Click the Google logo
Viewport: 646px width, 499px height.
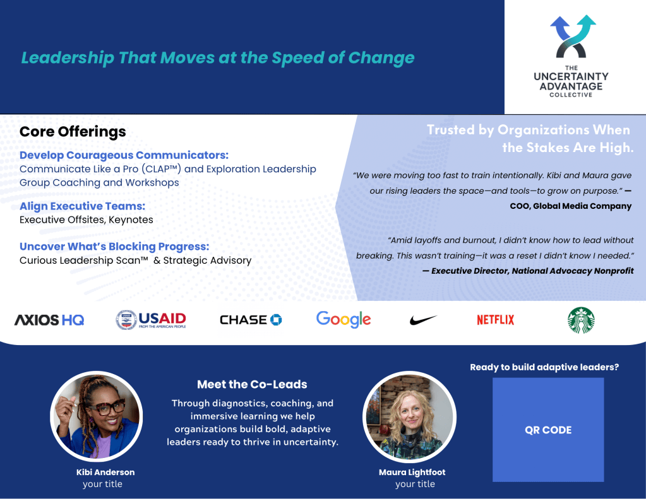point(343,319)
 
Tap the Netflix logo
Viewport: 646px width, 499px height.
point(495,320)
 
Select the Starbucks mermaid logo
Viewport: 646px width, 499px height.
point(581,320)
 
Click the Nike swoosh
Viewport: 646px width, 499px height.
point(423,319)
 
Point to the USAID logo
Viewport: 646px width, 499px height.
point(151,320)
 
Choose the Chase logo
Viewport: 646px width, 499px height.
point(251,320)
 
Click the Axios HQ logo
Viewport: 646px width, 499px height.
point(49,320)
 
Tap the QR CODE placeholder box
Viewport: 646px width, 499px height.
point(548,430)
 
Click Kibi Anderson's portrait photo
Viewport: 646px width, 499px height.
point(97,416)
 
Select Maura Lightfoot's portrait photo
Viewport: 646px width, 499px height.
point(410,416)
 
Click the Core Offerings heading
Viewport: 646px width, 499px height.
point(73,132)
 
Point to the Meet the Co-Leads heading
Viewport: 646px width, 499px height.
point(252,384)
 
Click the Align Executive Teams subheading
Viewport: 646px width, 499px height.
point(82,206)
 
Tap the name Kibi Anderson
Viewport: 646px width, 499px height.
point(105,473)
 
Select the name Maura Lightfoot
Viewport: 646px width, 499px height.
point(412,473)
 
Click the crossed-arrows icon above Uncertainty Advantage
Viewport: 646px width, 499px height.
point(572,36)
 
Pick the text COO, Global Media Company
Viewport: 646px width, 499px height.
point(571,206)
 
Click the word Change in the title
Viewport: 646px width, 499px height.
point(381,57)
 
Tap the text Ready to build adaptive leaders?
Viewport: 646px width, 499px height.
point(544,367)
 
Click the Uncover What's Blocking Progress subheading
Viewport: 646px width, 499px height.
point(114,246)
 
